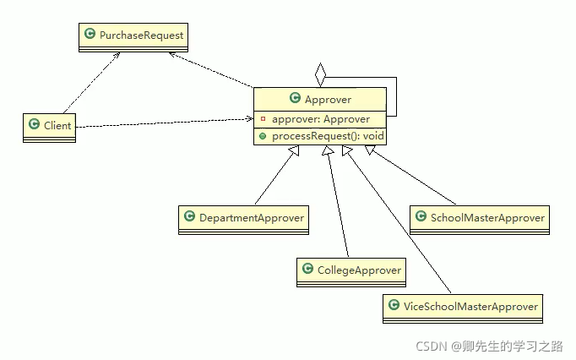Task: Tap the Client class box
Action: click(48, 126)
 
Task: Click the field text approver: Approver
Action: click(314, 118)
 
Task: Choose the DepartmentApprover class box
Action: click(242, 219)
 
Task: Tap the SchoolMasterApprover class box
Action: click(479, 219)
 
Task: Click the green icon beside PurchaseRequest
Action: click(90, 35)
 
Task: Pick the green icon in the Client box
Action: click(33, 124)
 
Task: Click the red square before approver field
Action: click(263, 118)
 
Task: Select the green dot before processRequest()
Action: click(263, 135)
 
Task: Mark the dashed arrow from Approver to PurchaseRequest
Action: click(211, 69)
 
